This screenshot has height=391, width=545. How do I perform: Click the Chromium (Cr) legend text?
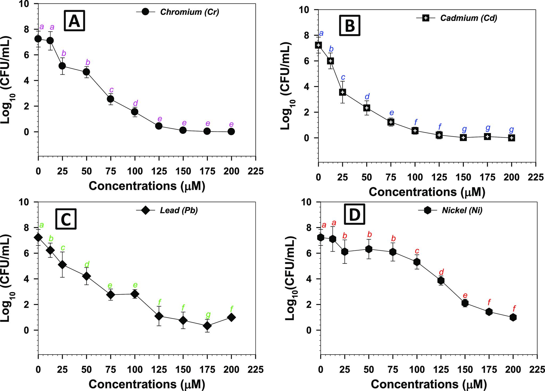189,12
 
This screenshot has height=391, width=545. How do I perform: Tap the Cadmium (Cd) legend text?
469,18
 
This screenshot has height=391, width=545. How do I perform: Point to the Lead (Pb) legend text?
179,210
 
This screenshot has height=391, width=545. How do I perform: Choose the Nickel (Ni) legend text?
462,211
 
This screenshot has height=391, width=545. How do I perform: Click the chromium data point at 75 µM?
110,99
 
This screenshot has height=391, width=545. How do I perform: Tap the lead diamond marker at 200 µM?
231,317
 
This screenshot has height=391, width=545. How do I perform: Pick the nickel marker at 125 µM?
441,280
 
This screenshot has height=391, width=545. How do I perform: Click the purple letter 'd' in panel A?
135,103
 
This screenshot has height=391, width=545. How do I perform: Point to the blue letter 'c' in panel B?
343,77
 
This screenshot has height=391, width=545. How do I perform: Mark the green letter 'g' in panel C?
208,315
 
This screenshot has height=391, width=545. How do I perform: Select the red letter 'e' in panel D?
465,296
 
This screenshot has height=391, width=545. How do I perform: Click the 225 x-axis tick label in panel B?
535,177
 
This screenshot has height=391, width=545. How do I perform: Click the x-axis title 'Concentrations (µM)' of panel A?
147,186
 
